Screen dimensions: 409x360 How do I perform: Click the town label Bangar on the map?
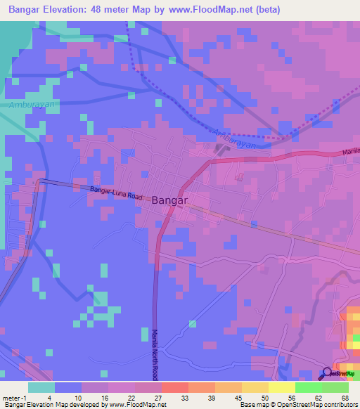(x=169, y=200)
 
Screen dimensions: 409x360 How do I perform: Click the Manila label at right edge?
(x=351, y=152)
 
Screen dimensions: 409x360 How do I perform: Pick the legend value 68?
(x=345, y=398)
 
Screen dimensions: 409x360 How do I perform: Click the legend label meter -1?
(x=14, y=398)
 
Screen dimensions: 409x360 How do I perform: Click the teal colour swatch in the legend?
(x=41, y=387)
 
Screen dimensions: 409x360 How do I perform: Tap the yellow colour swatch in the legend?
(x=281, y=387)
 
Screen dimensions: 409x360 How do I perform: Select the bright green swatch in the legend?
(x=308, y=387)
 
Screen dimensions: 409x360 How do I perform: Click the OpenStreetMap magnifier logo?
(x=328, y=373)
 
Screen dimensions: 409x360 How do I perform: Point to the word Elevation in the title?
(x=57, y=9)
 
